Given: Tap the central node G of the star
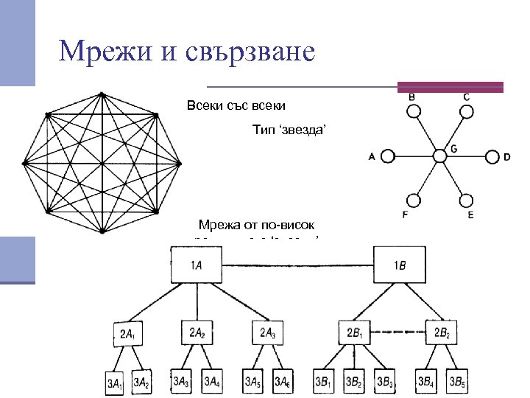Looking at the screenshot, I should tap(439, 156).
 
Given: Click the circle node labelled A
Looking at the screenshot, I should tap(389, 156).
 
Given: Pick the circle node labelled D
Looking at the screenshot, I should tap(492, 156).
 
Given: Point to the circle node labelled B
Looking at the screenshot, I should tap(414, 111).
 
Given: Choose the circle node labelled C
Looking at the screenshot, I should tap(465, 111).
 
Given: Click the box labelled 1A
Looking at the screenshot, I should tap(197, 265).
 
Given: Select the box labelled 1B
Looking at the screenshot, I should tap(399, 265).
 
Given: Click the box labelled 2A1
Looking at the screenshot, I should tap(127, 334).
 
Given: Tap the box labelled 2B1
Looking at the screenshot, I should tap(356, 333).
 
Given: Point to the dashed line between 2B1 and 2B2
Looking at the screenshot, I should tap(400, 332).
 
